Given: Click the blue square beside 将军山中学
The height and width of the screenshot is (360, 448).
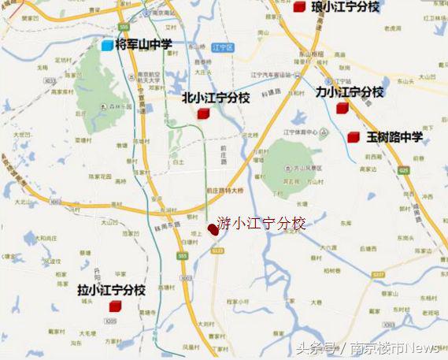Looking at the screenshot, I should [106, 45].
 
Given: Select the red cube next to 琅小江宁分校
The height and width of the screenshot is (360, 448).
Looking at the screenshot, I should [299, 7].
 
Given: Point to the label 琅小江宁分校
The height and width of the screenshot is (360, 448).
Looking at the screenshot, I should [345, 7].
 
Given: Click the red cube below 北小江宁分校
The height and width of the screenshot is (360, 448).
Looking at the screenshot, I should [203, 114].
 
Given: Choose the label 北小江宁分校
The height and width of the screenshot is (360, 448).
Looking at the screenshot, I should [216, 98].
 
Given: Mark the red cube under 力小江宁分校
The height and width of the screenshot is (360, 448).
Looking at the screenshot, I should [342, 109].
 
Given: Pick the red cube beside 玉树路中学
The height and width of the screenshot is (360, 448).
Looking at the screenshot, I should [354, 138].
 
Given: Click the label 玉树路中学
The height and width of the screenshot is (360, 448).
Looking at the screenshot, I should [394, 138].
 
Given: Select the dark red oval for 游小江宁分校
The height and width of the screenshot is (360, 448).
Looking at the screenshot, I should [213, 229].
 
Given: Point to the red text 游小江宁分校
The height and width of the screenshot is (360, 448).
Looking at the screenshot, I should [261, 224].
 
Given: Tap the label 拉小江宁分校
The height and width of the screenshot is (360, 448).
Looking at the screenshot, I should [112, 290].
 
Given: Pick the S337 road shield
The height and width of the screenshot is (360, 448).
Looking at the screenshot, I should [378, 274].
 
